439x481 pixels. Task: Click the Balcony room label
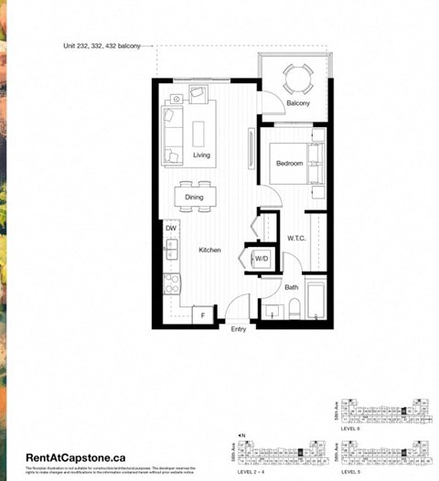point(297,103)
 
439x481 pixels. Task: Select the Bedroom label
point(289,165)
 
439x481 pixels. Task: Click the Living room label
point(202,155)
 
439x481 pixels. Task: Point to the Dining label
point(194,197)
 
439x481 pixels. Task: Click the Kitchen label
point(209,250)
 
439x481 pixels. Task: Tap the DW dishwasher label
point(171,228)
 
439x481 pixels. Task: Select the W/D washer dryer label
point(262,259)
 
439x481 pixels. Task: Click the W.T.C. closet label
point(295,240)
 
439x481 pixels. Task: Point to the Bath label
point(291,287)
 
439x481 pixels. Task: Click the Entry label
point(239,329)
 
